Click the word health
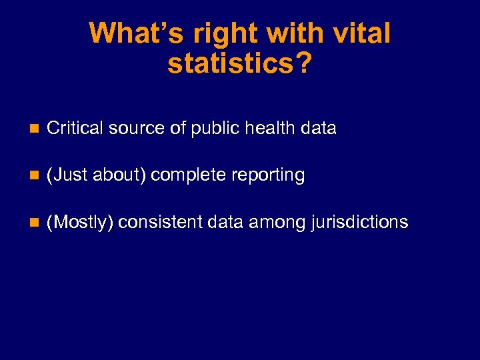[x=273, y=128]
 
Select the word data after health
[x=319, y=128]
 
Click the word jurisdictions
[x=359, y=222]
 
